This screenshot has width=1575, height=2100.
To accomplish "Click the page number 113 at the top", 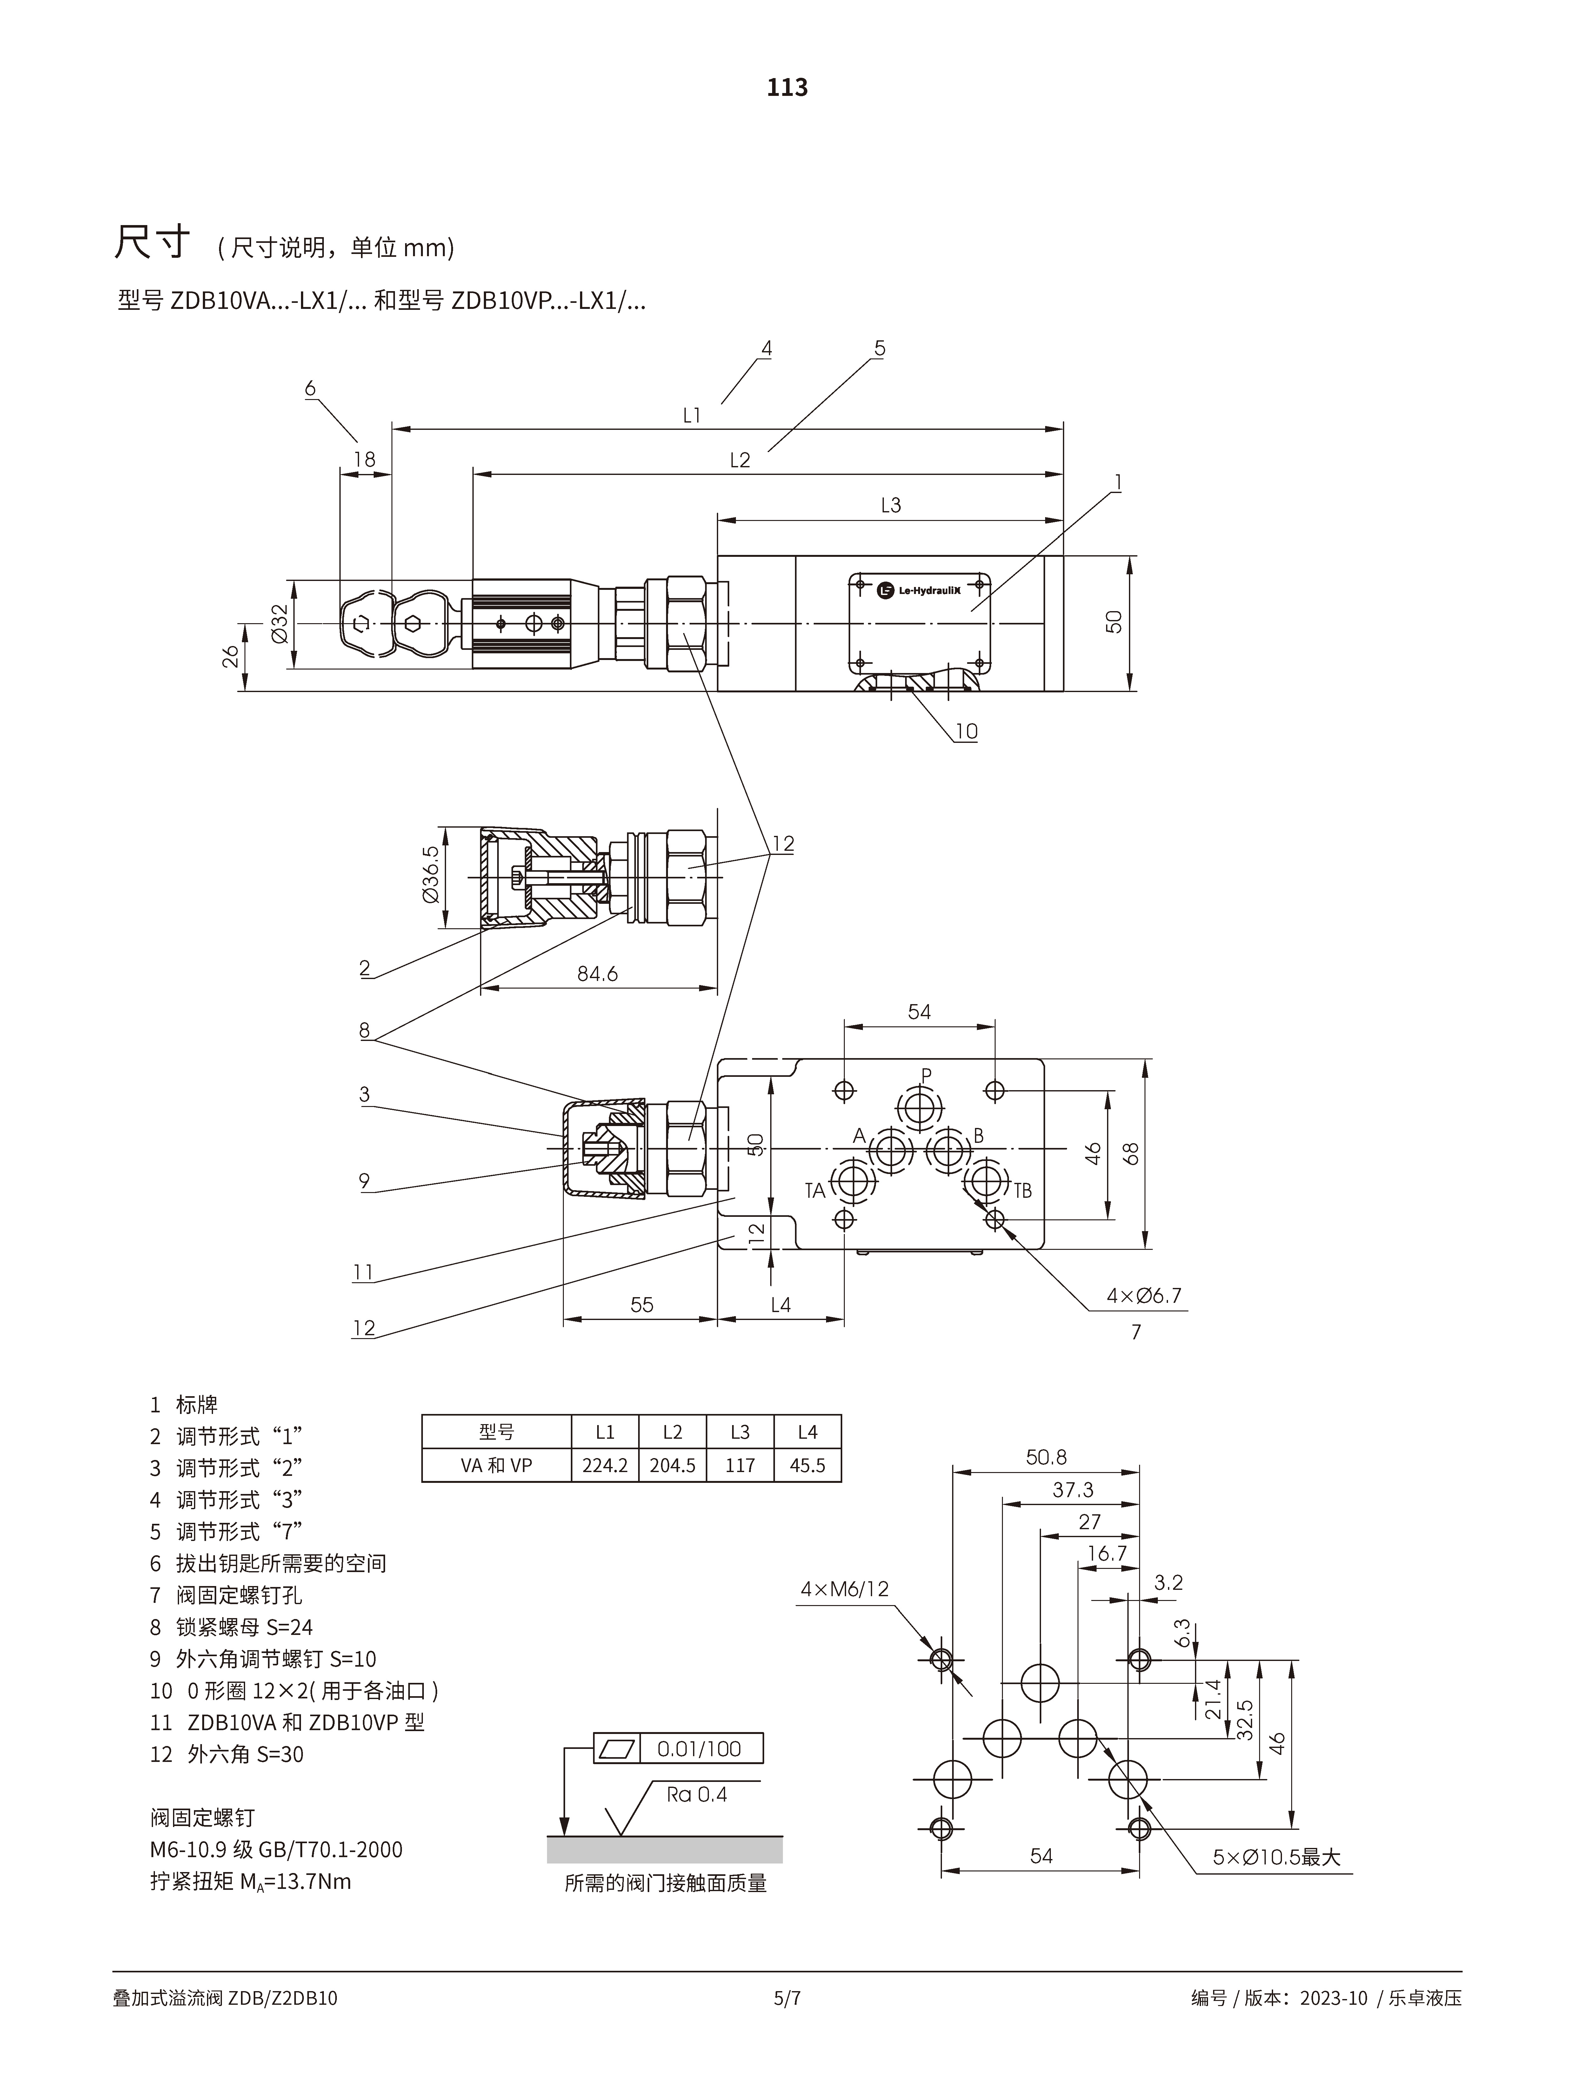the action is click(x=787, y=87).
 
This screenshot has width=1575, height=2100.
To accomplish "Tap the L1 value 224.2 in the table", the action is click(x=605, y=1465).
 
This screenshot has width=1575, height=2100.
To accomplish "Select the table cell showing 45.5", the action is click(x=807, y=1465).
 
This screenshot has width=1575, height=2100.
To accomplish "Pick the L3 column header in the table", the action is click(x=739, y=1432).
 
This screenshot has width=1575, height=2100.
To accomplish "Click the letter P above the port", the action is click(x=927, y=1075).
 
